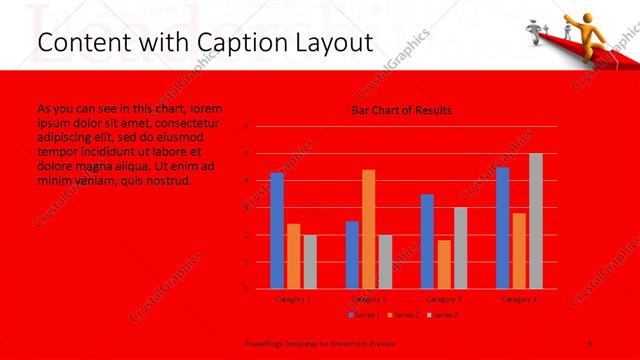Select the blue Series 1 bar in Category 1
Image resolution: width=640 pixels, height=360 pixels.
(x=277, y=231)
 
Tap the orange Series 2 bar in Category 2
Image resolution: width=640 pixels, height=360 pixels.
(x=369, y=230)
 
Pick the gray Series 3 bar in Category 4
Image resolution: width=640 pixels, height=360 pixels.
(x=536, y=221)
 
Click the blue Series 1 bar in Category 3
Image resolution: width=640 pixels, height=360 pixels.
(x=427, y=241)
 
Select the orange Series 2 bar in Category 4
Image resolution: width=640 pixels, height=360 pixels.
(x=519, y=251)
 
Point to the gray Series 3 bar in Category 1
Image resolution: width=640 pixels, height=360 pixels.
(x=310, y=262)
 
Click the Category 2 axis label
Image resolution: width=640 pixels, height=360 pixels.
(x=369, y=299)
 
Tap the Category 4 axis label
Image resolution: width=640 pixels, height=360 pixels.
(x=519, y=299)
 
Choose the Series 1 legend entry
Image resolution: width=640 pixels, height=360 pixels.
(x=365, y=315)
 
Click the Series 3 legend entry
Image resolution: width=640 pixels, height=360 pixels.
(x=442, y=315)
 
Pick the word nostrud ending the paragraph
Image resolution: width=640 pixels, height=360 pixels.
(x=170, y=181)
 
